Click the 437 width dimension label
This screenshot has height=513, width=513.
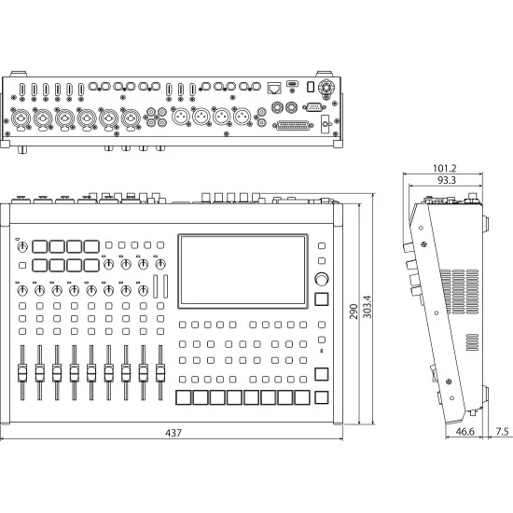pyautogui.click(x=173, y=433)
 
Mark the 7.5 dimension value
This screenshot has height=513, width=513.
pyautogui.click(x=501, y=433)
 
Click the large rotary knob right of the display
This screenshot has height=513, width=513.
pyautogui.click(x=322, y=279)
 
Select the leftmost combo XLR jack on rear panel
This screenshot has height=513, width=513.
pyautogui.click(x=20, y=119)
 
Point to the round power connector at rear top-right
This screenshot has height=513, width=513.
pyautogui.click(x=326, y=88)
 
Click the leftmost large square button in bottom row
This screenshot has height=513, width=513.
pyautogui.click(x=184, y=397)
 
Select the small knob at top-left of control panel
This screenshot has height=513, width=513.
pyautogui.click(x=21, y=243)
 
